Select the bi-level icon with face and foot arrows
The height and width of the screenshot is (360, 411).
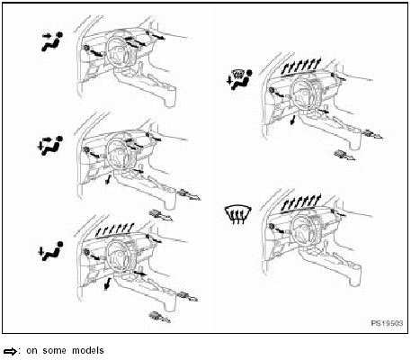click(x=50, y=145)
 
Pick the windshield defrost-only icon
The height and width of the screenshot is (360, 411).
click(x=237, y=215)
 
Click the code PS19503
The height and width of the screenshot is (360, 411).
click(x=384, y=321)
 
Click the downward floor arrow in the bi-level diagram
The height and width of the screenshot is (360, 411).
click(x=108, y=183)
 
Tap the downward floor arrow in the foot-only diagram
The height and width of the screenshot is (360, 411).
click(x=108, y=285)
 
